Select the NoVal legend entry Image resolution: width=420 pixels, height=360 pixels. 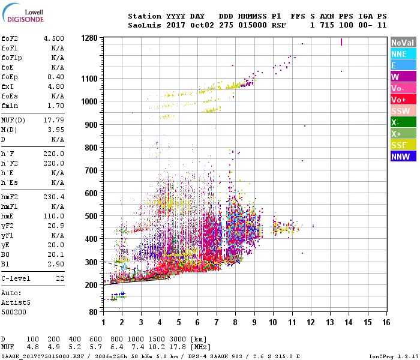click(403, 43)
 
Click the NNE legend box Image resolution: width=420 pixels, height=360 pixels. click(403, 54)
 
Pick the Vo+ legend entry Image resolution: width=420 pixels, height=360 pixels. click(403, 100)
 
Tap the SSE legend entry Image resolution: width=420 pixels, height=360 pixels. click(403, 145)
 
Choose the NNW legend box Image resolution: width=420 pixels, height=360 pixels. click(403, 157)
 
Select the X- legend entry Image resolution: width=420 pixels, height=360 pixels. click(403, 122)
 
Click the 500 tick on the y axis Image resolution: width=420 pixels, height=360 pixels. click(91, 216)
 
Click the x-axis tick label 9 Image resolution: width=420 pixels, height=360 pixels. click(254, 322)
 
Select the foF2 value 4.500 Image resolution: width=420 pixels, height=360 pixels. click(53, 38)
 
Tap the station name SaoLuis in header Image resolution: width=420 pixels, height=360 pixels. click(145, 25)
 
